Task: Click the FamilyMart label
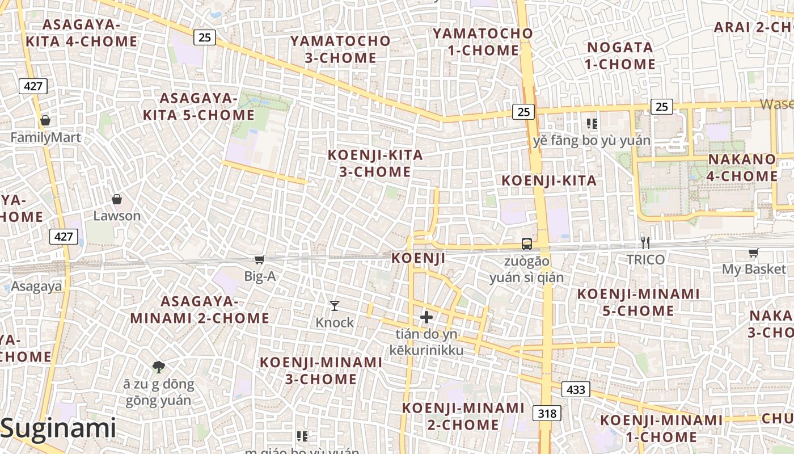(x=45, y=137)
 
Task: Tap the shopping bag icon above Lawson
(x=117, y=199)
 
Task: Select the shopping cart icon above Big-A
(x=259, y=259)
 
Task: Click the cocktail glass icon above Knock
(x=335, y=306)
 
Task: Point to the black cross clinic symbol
(x=426, y=317)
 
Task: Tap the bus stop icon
(x=527, y=244)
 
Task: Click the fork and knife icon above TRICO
(x=645, y=242)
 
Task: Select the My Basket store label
(x=754, y=269)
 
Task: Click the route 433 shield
(x=576, y=389)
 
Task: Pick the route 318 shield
(x=547, y=413)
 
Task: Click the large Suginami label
(x=58, y=428)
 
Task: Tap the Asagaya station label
(x=36, y=287)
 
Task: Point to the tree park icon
(x=159, y=367)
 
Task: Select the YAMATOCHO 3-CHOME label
(x=341, y=49)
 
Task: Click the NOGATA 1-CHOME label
(x=620, y=56)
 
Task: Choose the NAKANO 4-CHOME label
(x=742, y=168)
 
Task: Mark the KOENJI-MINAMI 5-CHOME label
(x=639, y=302)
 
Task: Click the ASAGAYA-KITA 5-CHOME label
(x=198, y=107)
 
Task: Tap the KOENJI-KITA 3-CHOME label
(x=375, y=163)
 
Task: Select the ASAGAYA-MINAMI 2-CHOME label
(x=200, y=310)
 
